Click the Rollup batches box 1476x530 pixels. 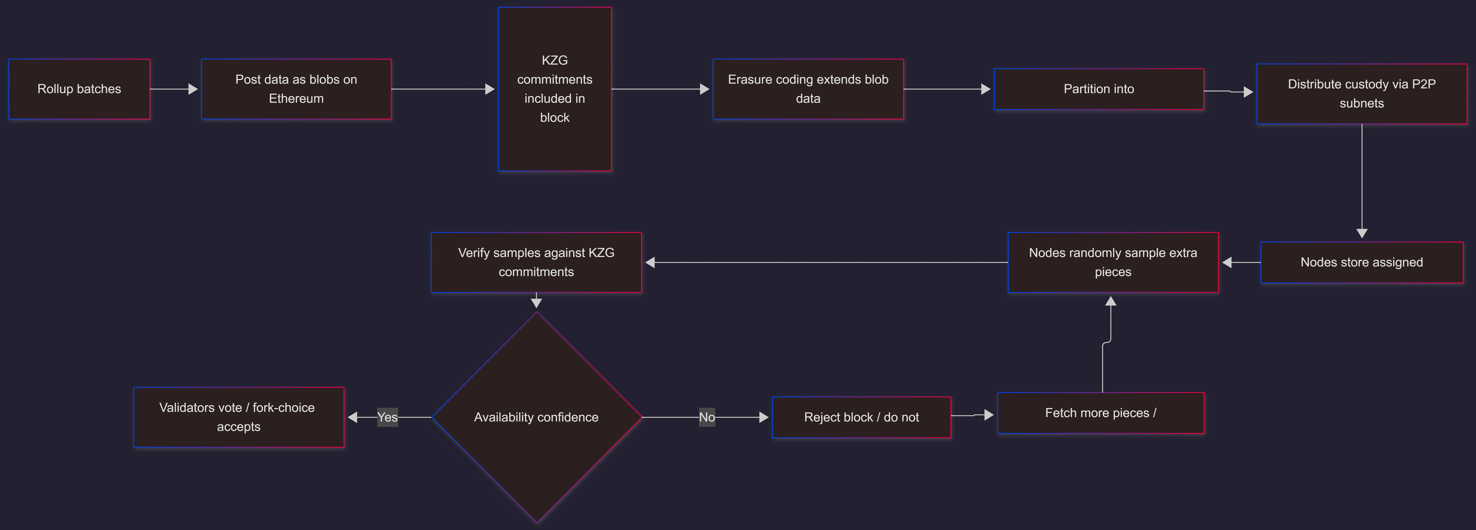pos(79,89)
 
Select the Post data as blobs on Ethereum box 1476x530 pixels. pos(296,89)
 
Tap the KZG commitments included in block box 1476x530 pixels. pos(555,89)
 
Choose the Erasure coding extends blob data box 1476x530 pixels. pos(808,89)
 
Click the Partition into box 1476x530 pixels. pos(1098,89)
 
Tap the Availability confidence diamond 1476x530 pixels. pos(536,417)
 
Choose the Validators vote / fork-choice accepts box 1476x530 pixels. pos(238,417)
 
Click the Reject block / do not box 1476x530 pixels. pos(861,417)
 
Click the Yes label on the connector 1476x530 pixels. pos(387,417)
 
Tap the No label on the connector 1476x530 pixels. pos(706,417)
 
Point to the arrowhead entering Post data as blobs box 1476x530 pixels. pos(193,89)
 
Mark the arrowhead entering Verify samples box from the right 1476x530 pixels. pos(650,262)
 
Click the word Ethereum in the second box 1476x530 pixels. pos(296,99)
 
